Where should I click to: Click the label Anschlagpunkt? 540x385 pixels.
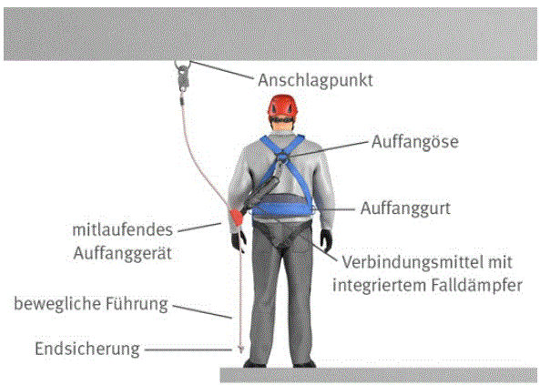pyautogui.click(x=315, y=81)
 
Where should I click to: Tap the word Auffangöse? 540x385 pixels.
pyautogui.click(x=415, y=142)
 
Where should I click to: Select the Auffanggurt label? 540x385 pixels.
pyautogui.click(x=405, y=208)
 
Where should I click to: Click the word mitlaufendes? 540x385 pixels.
pyautogui.click(x=122, y=229)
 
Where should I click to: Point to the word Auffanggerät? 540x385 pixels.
pyautogui.click(x=122, y=254)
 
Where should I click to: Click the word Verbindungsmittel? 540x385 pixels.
pyautogui.click(x=410, y=262)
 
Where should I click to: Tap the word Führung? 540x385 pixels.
pyautogui.click(x=137, y=304)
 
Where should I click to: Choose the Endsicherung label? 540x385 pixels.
pyautogui.click(x=87, y=349)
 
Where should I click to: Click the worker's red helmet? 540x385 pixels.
pyautogui.click(x=282, y=106)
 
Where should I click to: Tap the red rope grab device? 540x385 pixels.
pyautogui.click(x=236, y=217)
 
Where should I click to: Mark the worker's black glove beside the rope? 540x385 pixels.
pyautogui.click(x=239, y=240)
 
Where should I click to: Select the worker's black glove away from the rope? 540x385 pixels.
pyautogui.click(x=326, y=239)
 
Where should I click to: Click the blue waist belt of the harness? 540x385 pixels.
pyautogui.click(x=281, y=208)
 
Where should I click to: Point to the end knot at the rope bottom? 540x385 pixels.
pyautogui.click(x=241, y=350)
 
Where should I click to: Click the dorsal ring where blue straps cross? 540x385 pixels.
pyautogui.click(x=282, y=157)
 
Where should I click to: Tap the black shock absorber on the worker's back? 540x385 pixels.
pyautogui.click(x=261, y=194)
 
